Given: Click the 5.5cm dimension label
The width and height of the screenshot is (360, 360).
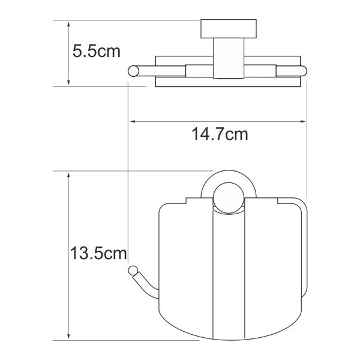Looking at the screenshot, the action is (97, 51).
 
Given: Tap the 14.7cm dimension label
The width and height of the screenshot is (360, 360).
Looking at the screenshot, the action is (220, 134).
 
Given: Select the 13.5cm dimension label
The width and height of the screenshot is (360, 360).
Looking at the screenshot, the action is (98, 253).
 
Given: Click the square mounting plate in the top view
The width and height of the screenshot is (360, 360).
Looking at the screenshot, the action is (229, 29).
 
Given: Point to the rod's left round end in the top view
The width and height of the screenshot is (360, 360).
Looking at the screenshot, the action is (133, 71).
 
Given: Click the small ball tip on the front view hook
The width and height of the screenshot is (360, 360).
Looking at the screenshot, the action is (133, 271).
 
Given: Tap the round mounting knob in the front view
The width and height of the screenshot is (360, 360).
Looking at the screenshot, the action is (229, 198).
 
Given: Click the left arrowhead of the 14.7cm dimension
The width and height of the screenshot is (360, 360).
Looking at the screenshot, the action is (133, 121).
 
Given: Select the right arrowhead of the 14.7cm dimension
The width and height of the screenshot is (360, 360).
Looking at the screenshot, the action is (304, 121).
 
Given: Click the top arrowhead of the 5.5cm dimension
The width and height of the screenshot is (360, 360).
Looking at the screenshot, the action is (68, 24).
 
